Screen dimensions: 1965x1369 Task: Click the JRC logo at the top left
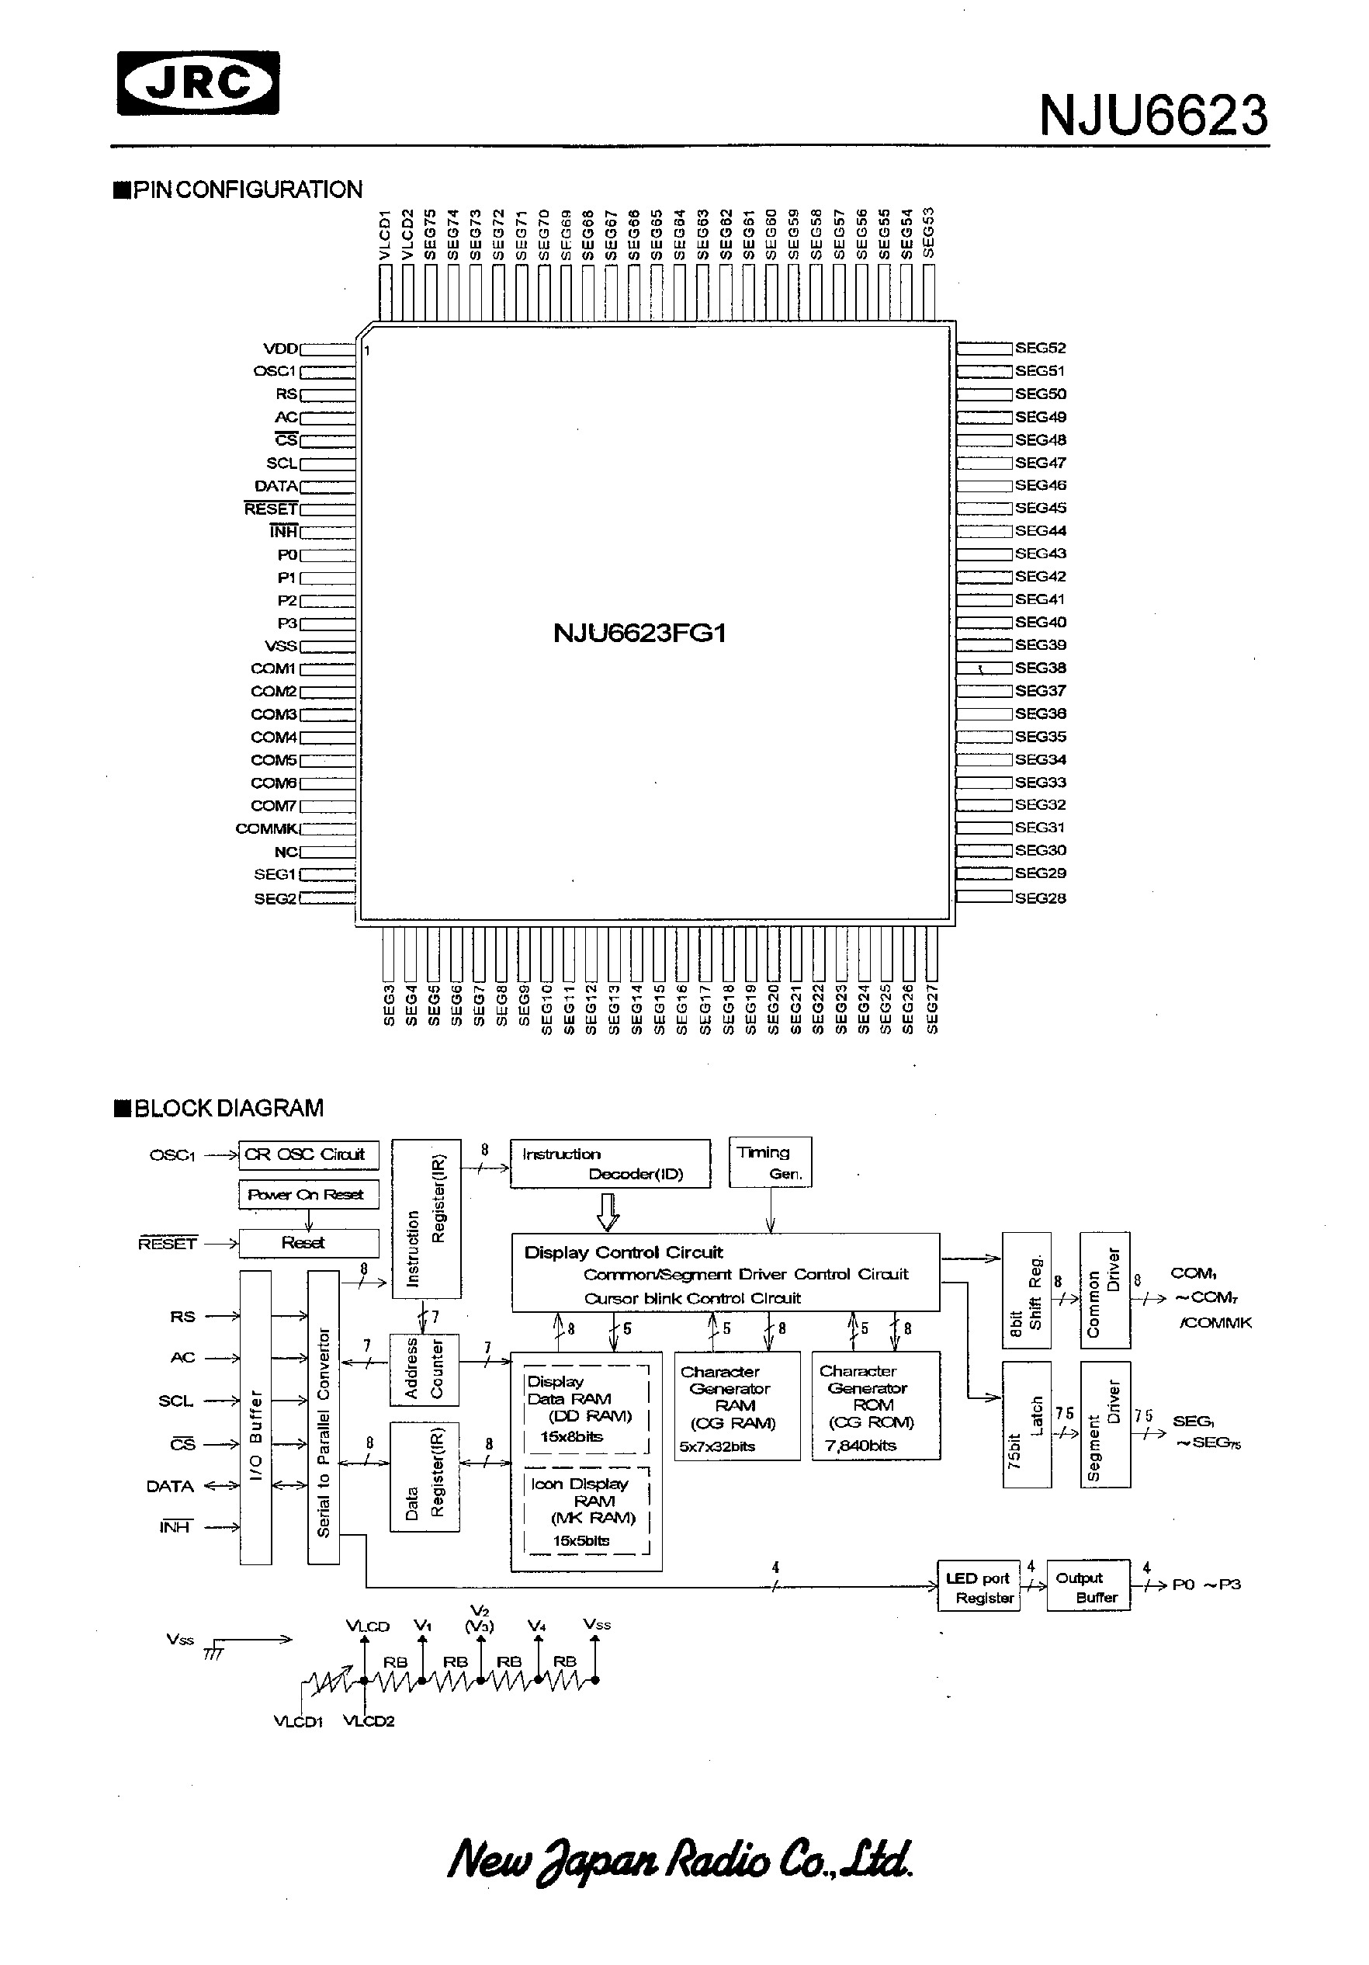(x=198, y=83)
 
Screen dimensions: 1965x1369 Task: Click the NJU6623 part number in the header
(x=1152, y=116)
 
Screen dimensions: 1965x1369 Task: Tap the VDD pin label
(x=280, y=349)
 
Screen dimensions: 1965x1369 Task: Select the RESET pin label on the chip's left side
(x=270, y=509)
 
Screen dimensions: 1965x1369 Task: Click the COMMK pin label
(x=266, y=828)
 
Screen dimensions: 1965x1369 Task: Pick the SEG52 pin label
(x=1041, y=349)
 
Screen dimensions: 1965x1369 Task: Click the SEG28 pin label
(x=1041, y=897)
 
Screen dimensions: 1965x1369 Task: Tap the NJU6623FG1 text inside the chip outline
(x=639, y=634)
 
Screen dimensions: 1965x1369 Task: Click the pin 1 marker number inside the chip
(x=366, y=350)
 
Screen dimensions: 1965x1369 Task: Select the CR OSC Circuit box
(x=308, y=1154)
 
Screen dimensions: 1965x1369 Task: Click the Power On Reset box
(x=308, y=1195)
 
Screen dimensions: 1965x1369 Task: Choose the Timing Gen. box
(x=770, y=1162)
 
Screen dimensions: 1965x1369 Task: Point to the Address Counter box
(x=425, y=1370)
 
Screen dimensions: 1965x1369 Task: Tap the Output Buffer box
(x=1087, y=1587)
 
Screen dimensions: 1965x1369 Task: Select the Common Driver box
(x=1104, y=1290)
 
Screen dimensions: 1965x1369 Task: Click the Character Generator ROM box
(x=875, y=1405)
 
